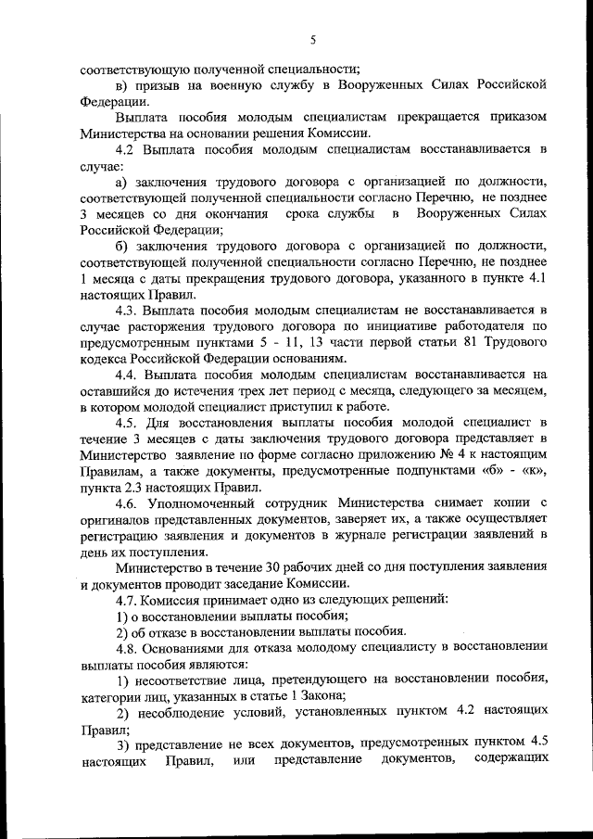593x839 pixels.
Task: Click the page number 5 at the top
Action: point(313,39)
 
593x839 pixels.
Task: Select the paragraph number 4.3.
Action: point(128,309)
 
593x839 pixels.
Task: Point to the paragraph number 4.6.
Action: point(128,503)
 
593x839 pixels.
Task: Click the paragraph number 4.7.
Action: point(128,600)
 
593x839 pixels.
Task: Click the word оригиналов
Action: point(119,519)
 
